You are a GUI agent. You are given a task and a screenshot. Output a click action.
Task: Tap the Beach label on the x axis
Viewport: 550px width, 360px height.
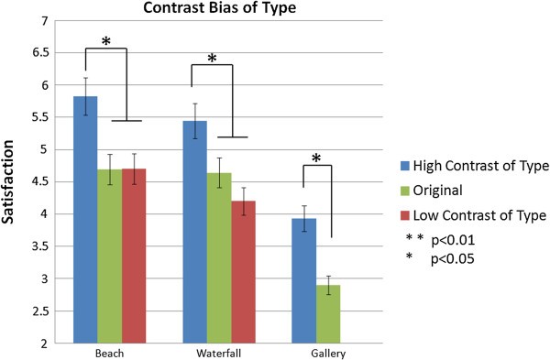tap(109, 352)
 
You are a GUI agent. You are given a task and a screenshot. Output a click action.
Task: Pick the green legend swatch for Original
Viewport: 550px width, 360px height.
tap(403, 191)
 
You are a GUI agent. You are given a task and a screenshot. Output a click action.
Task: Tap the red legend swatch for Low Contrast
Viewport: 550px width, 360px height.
tap(403, 214)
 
